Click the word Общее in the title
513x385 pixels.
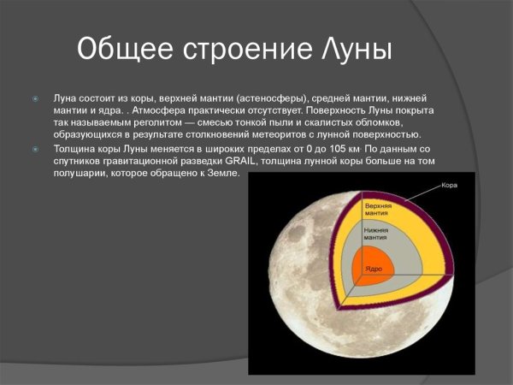coord(127,49)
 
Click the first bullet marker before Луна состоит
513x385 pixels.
coord(36,99)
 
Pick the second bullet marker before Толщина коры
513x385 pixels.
coord(36,148)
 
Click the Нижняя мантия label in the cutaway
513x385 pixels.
coord(376,234)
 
